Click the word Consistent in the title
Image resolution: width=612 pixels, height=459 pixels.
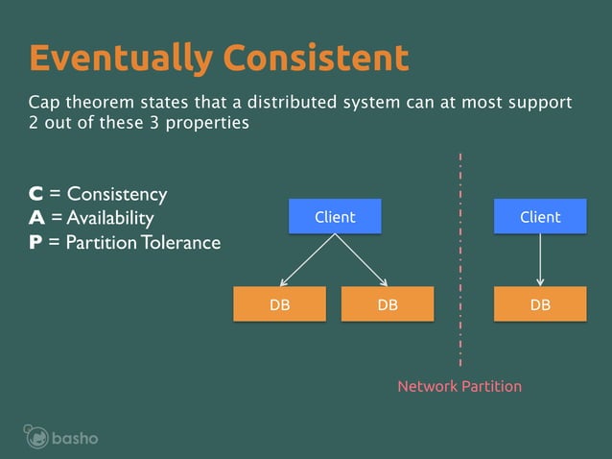(316, 59)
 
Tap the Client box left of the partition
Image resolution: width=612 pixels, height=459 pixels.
(335, 217)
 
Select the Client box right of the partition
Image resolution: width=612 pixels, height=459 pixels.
(540, 217)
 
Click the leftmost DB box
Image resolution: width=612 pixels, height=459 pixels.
(280, 304)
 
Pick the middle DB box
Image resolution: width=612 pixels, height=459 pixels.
(388, 304)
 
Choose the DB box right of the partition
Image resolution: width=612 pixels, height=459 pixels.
(540, 304)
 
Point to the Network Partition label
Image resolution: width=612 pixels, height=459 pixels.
(459, 386)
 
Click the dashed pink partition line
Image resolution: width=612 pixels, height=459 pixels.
(460, 259)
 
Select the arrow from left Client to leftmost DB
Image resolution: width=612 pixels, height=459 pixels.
(307, 260)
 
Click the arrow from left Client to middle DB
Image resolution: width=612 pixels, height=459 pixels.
(362, 260)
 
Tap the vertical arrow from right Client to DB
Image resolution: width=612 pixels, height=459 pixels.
(540, 259)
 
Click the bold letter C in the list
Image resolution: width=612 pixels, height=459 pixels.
(35, 195)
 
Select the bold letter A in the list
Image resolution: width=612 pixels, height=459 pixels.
(35, 219)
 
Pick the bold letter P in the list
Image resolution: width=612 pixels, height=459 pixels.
(35, 243)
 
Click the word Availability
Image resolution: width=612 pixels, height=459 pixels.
(110, 219)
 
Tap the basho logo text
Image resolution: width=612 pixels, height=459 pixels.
(75, 439)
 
